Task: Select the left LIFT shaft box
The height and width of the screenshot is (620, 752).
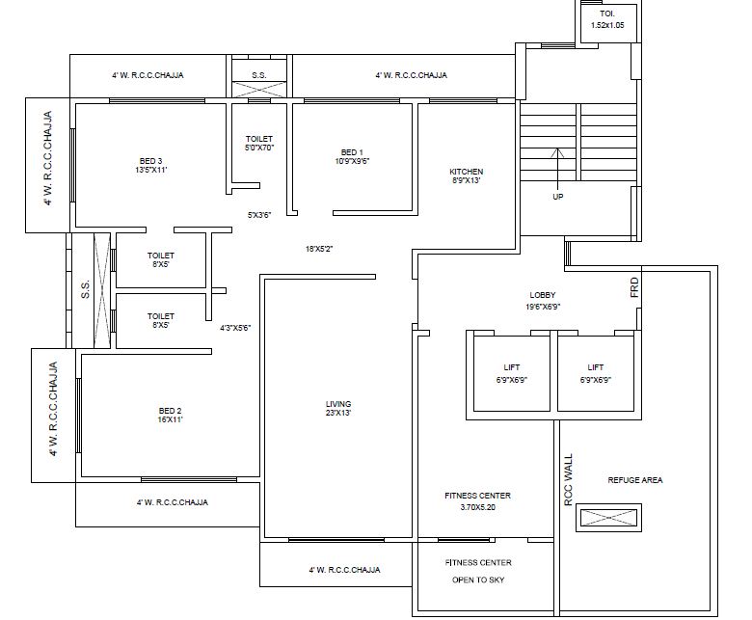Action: point(511,373)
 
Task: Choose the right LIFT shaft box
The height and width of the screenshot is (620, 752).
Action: point(595,373)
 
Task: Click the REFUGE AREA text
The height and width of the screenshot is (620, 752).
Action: point(634,479)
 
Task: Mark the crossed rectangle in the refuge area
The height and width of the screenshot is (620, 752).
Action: point(606,518)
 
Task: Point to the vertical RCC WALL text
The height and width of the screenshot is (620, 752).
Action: point(568,479)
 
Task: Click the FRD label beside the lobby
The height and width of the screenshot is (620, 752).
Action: point(634,286)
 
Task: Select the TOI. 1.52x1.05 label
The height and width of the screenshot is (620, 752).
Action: point(607,19)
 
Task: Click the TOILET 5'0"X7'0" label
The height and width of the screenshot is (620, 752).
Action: point(259,144)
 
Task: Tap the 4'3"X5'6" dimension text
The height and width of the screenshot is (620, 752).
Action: point(235,328)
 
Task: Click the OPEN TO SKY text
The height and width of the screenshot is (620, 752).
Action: point(478,580)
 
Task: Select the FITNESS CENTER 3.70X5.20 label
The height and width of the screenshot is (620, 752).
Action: point(477,500)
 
